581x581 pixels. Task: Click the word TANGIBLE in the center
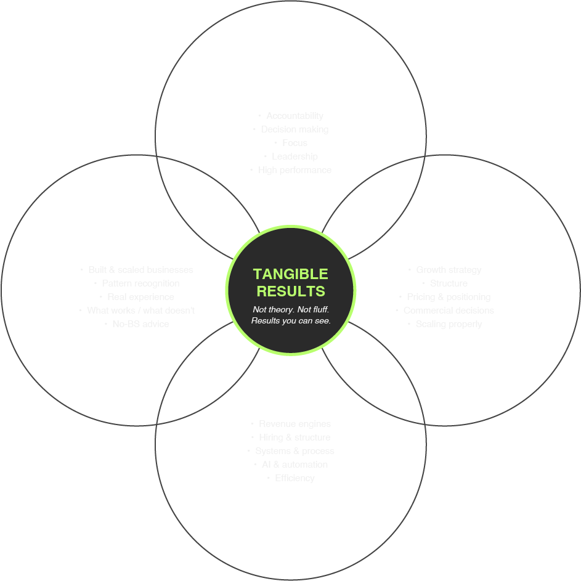pyautogui.click(x=291, y=274)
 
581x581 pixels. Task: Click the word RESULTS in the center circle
pyautogui.click(x=291, y=291)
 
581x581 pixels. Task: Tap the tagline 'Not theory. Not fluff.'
pyautogui.click(x=291, y=309)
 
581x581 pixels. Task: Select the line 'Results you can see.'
pyautogui.click(x=291, y=321)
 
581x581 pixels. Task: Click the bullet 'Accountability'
pyautogui.click(x=295, y=116)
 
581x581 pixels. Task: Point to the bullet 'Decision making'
pyautogui.click(x=295, y=129)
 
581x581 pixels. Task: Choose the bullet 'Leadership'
pyautogui.click(x=295, y=156)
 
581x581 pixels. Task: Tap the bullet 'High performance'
pyautogui.click(x=295, y=170)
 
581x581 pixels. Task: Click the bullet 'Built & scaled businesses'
pyautogui.click(x=140, y=270)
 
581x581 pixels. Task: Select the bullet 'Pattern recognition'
pyautogui.click(x=140, y=283)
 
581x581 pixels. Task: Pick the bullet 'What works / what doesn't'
pyautogui.click(x=140, y=311)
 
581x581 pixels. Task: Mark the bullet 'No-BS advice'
pyautogui.click(x=140, y=324)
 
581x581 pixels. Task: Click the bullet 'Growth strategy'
pyautogui.click(x=449, y=270)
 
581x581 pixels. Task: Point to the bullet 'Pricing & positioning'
pyautogui.click(x=449, y=297)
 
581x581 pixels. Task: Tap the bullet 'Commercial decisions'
pyautogui.click(x=449, y=311)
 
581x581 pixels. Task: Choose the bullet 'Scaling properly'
pyautogui.click(x=449, y=324)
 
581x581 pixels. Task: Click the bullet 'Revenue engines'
pyautogui.click(x=295, y=424)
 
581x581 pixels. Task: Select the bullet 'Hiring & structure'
pyautogui.click(x=295, y=437)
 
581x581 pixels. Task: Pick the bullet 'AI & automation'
pyautogui.click(x=295, y=465)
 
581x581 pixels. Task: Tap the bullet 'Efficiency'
pyautogui.click(x=295, y=478)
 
